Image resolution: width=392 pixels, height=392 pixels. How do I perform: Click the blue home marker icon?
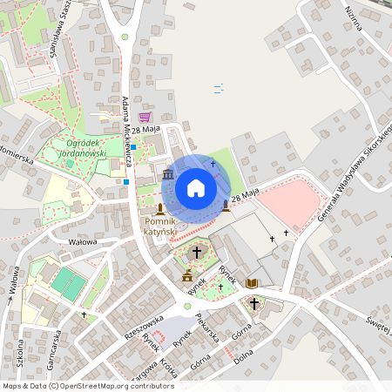click(x=195, y=187)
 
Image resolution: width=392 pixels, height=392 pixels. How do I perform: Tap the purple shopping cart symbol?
click(x=145, y=117)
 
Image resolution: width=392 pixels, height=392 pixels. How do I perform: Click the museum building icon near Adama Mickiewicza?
click(x=167, y=177)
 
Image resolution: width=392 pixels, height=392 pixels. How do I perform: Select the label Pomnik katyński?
click(x=159, y=226)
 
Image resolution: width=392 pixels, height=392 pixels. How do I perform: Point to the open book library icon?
click(x=252, y=283)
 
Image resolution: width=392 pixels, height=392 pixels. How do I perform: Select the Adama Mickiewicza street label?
click(x=127, y=131)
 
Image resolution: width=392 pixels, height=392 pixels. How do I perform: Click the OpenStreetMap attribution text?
click(x=87, y=385)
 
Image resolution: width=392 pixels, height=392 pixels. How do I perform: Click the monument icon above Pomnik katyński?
click(x=160, y=208)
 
